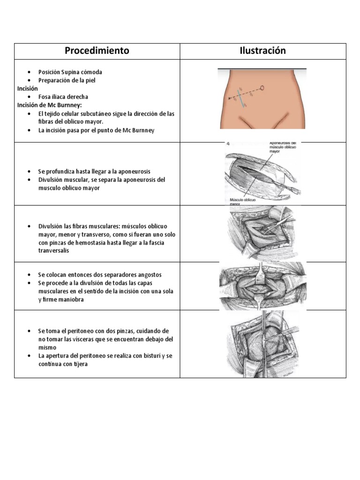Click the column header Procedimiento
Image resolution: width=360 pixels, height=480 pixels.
pyautogui.click(x=97, y=51)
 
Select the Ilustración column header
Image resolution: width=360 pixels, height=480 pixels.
pyautogui.click(x=263, y=51)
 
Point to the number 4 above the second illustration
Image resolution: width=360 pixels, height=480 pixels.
pyautogui.click(x=228, y=145)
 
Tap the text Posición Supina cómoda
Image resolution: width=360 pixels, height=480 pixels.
pyautogui.click(x=70, y=72)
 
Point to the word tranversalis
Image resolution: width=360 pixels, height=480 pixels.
pyautogui.click(x=55, y=250)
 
